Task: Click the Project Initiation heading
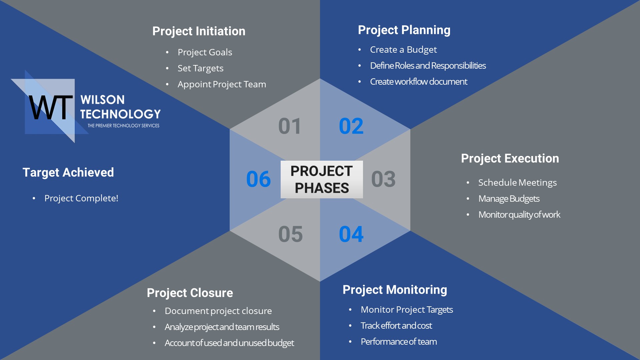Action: click(199, 31)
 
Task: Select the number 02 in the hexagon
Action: click(351, 126)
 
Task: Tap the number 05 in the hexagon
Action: click(290, 234)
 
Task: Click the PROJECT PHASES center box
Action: click(322, 179)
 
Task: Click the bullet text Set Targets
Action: click(200, 68)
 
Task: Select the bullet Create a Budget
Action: click(403, 50)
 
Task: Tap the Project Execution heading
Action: click(510, 158)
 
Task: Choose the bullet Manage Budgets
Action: click(509, 199)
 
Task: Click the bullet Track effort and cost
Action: click(396, 326)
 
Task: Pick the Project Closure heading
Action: click(190, 293)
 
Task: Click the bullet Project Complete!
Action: click(81, 198)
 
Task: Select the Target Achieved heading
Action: click(68, 172)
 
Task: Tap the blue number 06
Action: click(258, 179)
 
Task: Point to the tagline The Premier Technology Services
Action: click(123, 126)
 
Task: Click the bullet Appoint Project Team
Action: click(222, 84)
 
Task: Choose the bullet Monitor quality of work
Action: click(519, 215)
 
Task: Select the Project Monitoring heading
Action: click(395, 290)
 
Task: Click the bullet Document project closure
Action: click(218, 311)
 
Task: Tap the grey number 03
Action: click(383, 179)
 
